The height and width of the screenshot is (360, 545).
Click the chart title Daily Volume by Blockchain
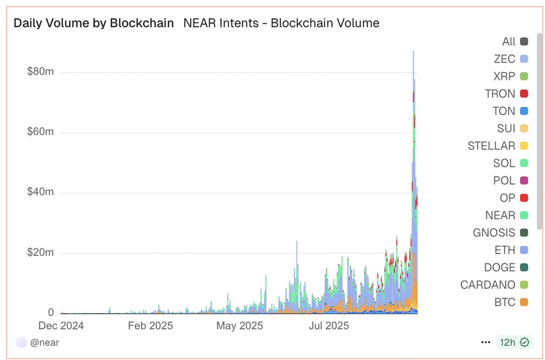[94, 23]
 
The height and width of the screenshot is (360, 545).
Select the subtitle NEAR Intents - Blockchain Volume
[281, 23]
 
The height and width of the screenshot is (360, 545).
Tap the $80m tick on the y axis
[41, 72]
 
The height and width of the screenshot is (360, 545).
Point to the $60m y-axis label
[41, 132]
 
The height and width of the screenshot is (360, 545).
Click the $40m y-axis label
[41, 192]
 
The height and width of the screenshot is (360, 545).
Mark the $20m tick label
[41, 252]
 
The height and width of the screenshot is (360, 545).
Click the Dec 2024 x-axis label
[61, 325]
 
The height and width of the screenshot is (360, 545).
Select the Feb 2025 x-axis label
[150, 325]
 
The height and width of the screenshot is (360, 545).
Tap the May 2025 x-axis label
[239, 325]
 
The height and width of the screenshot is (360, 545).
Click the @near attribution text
[45, 342]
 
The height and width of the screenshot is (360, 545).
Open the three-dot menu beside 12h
[486, 342]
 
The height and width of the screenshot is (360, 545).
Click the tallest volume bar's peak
[413, 52]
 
